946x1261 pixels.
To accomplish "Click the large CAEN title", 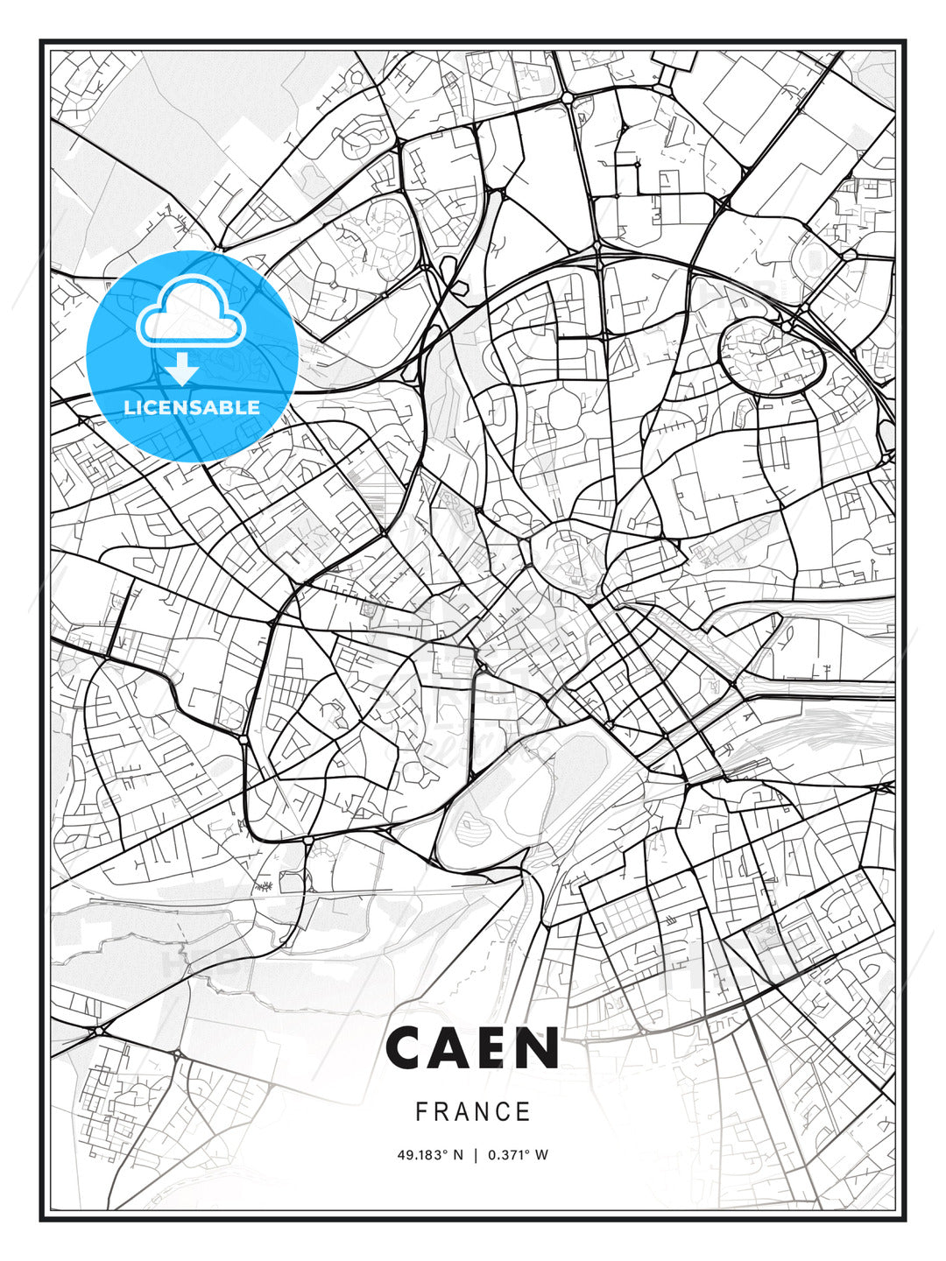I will pyautogui.click(x=472, y=1048).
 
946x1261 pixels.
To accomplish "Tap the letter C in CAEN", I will pyautogui.click(x=406, y=1048).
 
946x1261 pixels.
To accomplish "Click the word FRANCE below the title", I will pyautogui.click(x=473, y=1112).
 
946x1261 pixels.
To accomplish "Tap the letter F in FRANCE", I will pyautogui.click(x=421, y=1112).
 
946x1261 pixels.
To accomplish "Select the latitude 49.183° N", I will pyautogui.click(x=429, y=1155).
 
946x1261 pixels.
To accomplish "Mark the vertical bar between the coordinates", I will pyautogui.click(x=476, y=1155).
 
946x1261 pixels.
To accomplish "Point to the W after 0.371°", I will pyautogui.click(x=542, y=1155).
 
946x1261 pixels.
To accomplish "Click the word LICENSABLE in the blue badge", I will pyautogui.click(x=192, y=407).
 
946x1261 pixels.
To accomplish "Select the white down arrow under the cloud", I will pyautogui.click(x=181, y=370).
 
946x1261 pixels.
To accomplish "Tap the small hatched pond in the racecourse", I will pyautogui.click(x=473, y=823).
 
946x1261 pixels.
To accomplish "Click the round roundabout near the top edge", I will pyautogui.click(x=568, y=96).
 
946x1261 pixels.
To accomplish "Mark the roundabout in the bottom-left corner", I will pyautogui.click(x=99, y=1031).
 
